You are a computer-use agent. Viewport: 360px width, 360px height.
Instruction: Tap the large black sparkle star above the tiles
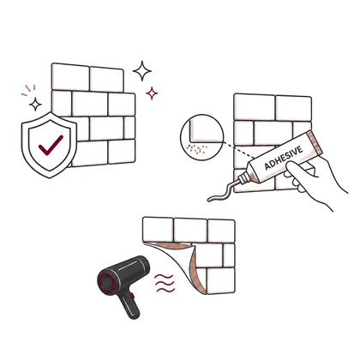(x=142, y=71)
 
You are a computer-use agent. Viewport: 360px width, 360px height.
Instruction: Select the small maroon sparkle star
(x=152, y=93)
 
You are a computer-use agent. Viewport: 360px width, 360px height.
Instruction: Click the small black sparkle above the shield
(x=35, y=105)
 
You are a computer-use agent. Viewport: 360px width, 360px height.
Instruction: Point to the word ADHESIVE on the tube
(x=283, y=158)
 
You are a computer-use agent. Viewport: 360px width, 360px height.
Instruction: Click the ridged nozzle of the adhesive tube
(x=243, y=179)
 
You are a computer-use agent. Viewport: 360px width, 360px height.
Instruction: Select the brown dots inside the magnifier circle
(x=196, y=148)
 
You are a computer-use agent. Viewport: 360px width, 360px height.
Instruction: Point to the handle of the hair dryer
(x=129, y=305)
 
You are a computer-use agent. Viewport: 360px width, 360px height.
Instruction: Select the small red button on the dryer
(x=132, y=296)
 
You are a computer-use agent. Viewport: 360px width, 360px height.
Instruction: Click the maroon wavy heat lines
(x=165, y=283)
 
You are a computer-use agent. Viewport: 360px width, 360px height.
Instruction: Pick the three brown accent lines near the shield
(x=28, y=90)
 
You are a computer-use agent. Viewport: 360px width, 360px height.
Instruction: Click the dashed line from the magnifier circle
(x=239, y=149)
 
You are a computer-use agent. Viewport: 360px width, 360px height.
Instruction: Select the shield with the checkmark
(x=49, y=145)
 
